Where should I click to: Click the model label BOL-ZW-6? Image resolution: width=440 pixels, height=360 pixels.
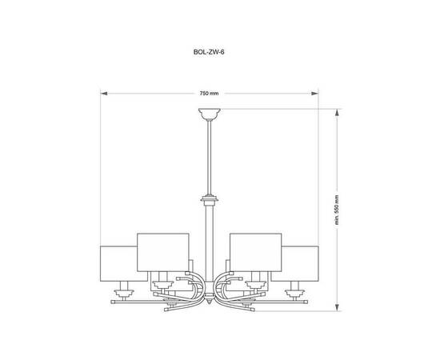209,52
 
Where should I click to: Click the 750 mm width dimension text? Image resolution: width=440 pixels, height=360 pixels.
209,93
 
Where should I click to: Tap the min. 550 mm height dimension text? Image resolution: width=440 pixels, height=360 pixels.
337,210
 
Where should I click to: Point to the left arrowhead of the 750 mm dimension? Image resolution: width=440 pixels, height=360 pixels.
104,94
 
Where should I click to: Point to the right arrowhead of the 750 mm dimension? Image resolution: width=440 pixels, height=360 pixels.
315,94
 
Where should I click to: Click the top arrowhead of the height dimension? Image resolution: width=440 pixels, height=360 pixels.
338,112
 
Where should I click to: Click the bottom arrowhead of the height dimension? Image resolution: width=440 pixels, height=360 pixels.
338,307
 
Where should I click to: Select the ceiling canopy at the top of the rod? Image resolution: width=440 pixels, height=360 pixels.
210,114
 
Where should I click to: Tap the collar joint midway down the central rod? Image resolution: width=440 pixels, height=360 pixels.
210,200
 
